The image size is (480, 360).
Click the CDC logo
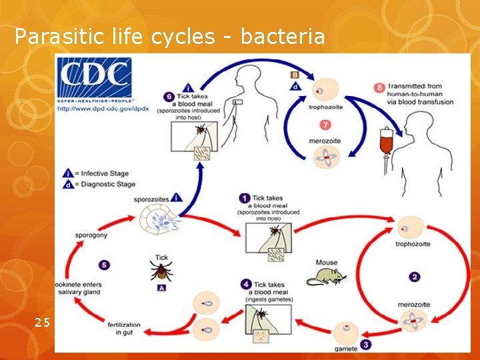pos(94,79)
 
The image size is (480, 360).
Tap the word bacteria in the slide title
pos(283,37)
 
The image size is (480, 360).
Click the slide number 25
pos(43,323)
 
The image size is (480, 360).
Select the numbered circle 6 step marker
pos(169,96)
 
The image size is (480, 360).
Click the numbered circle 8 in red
pos(379,87)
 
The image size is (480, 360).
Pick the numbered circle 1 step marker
pos(244,198)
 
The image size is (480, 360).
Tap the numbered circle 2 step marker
pos(415,276)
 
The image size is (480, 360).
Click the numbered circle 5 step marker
pos(105,265)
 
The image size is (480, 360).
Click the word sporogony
pos(91,235)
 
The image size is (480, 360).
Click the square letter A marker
pos(161,288)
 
